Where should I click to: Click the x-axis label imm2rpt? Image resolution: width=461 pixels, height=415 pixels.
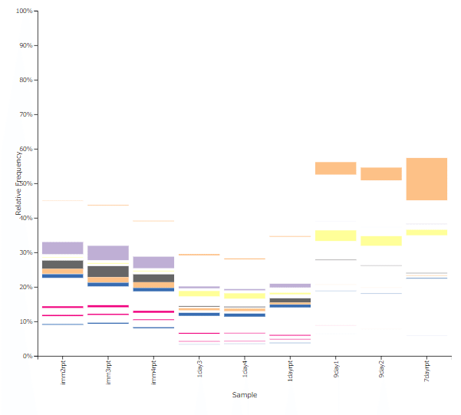click(63, 371)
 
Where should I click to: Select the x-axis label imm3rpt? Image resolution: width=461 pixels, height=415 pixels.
click(108, 371)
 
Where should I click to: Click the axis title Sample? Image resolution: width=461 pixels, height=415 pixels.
click(245, 395)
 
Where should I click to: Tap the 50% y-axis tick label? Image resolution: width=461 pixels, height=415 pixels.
click(25, 183)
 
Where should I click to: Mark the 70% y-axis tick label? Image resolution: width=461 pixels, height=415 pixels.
click(25, 114)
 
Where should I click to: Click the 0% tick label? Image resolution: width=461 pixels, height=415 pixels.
click(27, 356)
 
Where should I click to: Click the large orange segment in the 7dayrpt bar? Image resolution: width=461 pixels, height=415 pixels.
click(426, 179)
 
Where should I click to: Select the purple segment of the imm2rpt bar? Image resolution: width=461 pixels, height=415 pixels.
click(63, 248)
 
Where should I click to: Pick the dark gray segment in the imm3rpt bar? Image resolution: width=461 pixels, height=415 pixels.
click(108, 271)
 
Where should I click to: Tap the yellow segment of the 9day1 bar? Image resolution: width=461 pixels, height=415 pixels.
click(336, 235)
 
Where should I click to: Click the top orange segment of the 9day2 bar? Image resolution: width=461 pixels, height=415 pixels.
click(381, 174)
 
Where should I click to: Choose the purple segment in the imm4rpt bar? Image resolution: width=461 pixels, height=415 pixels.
click(153, 262)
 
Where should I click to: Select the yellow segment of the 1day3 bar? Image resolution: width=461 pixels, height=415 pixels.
click(199, 293)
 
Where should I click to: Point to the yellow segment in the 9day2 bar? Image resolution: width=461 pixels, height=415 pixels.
click(381, 241)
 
